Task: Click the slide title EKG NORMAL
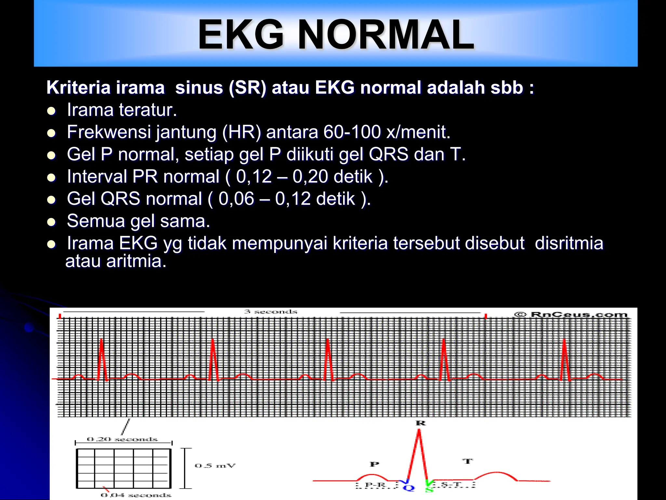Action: pos(336,35)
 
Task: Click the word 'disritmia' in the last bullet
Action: pos(569,243)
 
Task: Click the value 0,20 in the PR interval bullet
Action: pos(310,177)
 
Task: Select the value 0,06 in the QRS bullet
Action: pos(236,199)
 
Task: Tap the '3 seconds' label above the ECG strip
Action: pos(271,312)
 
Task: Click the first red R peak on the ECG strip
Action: pos(101,340)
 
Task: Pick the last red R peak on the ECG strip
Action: pos(564,340)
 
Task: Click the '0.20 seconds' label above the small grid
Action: pos(122,439)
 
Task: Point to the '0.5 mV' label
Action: pos(215,465)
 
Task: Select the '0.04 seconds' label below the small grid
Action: pos(136,495)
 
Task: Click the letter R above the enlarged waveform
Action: pos(420,423)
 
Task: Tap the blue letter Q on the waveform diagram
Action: pos(408,488)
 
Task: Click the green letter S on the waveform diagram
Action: pos(429,488)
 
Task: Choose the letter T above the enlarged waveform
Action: pos(467,461)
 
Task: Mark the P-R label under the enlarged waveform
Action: pos(375,485)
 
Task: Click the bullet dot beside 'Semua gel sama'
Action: pos(51,222)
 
